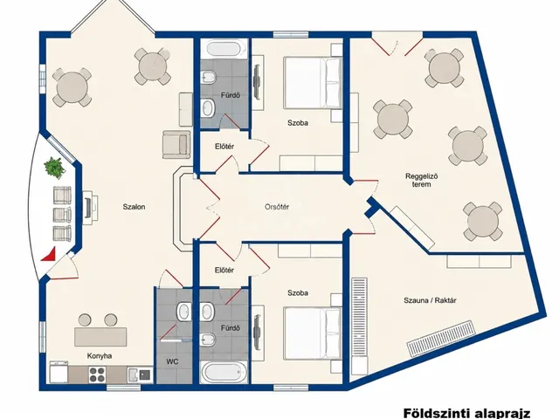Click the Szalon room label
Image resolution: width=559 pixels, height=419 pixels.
tap(134, 207)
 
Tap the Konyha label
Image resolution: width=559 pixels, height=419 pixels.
tap(100, 355)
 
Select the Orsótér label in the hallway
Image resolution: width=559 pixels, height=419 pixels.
tap(277, 207)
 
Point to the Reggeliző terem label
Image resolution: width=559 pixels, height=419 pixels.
tap(421, 180)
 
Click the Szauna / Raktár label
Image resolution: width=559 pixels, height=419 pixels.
tap(430, 300)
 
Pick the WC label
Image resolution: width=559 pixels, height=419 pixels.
tap(172, 361)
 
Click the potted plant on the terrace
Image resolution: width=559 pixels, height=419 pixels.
tap(54, 168)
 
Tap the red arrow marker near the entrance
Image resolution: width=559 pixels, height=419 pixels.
tap(49, 254)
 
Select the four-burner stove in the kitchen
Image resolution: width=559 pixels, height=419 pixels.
tap(97, 374)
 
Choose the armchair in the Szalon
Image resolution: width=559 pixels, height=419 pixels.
tap(176, 144)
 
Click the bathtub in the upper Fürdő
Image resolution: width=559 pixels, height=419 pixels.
tap(224, 49)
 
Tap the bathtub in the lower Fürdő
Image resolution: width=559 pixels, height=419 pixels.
tap(224, 372)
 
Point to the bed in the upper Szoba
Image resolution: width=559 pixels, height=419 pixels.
tap(313, 84)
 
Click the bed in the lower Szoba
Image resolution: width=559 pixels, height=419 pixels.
tap(313, 333)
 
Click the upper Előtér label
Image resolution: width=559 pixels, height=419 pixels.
tap(224, 146)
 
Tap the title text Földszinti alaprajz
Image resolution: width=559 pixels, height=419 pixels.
tap(467, 414)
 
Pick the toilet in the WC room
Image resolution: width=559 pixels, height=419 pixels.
tap(183, 312)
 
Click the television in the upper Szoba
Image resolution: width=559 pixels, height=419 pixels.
tap(257, 81)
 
